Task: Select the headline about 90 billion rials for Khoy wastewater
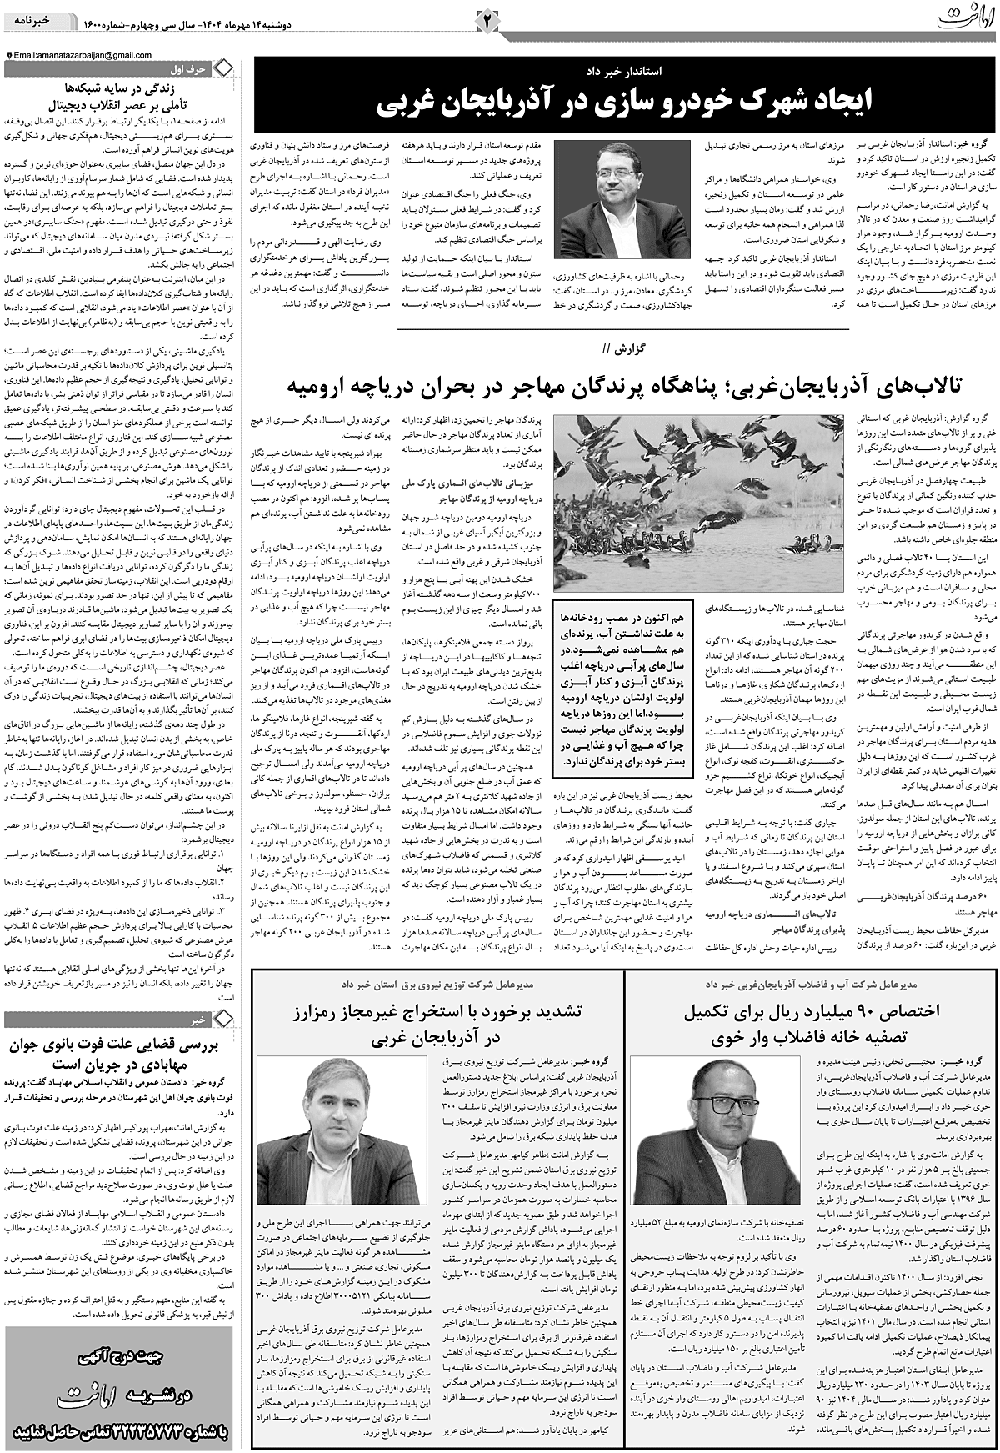[812, 1025]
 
